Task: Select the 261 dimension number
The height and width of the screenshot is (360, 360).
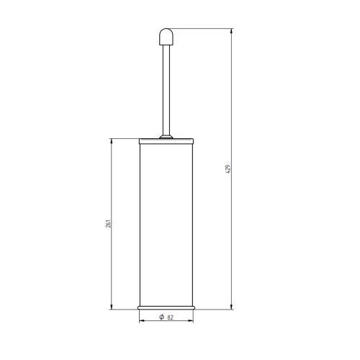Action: (107, 224)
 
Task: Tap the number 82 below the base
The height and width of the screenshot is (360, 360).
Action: (171, 318)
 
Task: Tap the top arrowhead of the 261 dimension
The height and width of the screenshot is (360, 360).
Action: (112, 143)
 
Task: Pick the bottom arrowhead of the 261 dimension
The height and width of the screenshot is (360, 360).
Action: (112, 307)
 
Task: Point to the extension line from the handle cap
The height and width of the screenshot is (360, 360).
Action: (202, 29)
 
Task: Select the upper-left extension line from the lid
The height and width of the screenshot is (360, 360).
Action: (122, 140)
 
